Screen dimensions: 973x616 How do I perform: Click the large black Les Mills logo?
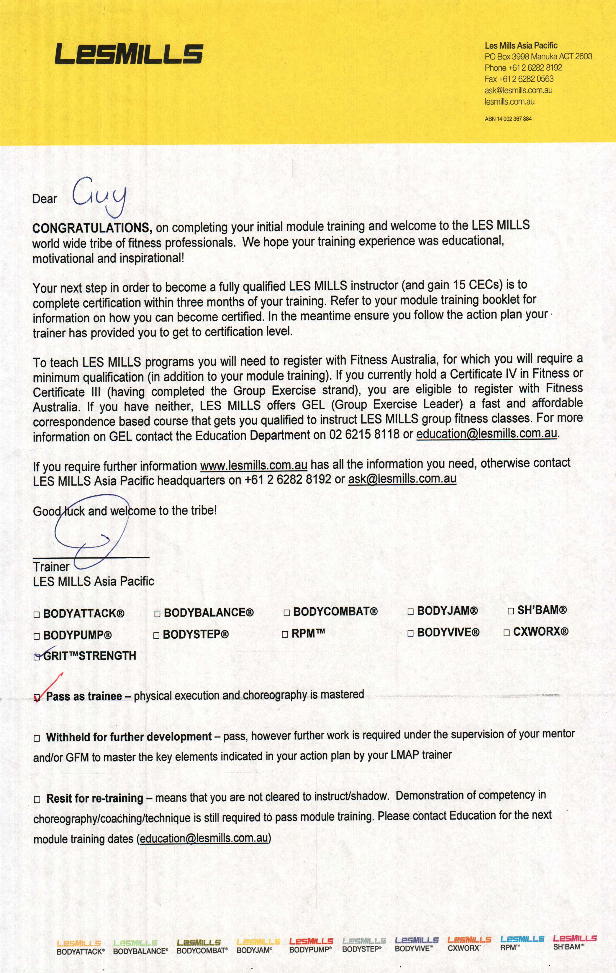click(x=128, y=54)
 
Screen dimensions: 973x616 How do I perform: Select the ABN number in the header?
click(x=508, y=119)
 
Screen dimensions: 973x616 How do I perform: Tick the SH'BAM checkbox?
click(x=511, y=610)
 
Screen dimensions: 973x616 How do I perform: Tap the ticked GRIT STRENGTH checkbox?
click(x=37, y=657)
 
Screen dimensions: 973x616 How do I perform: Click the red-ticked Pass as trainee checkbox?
click(x=38, y=697)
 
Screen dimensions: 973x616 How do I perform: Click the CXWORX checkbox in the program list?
click(x=507, y=633)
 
